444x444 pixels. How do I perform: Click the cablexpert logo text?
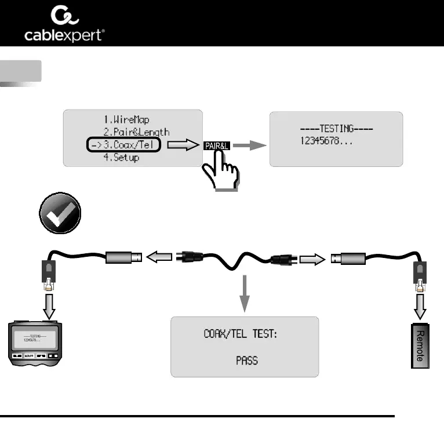point(64,35)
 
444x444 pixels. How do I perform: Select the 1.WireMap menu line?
point(126,120)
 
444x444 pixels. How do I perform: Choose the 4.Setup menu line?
point(121,158)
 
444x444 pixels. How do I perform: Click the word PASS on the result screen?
point(246,360)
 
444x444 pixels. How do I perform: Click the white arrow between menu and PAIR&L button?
point(181,146)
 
